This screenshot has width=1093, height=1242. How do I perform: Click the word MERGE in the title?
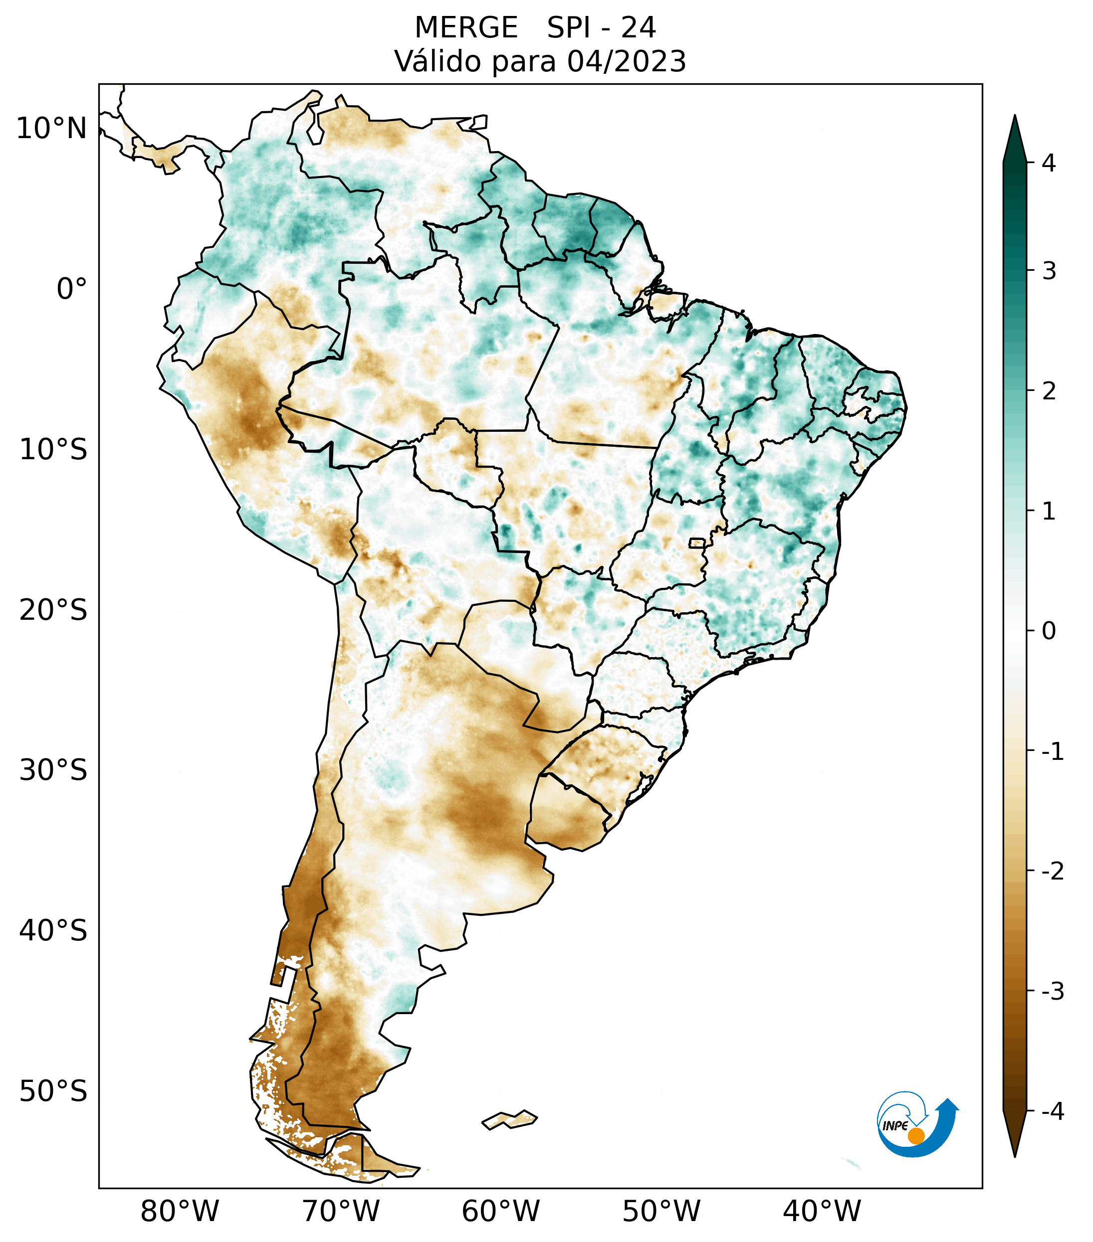(x=466, y=28)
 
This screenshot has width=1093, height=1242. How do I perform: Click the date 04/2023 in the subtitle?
(x=627, y=61)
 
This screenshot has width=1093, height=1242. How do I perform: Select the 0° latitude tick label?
(x=72, y=289)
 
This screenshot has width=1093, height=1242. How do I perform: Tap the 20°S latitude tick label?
(x=53, y=610)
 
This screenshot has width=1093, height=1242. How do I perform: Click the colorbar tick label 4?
(x=1049, y=163)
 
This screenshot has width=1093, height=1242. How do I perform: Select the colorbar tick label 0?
(x=1049, y=631)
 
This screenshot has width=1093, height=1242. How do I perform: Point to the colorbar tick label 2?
(x=1049, y=391)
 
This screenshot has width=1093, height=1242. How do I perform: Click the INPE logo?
(x=917, y=1123)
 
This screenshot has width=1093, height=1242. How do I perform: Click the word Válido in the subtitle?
(x=439, y=61)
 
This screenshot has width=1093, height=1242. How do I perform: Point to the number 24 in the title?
(x=639, y=28)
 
